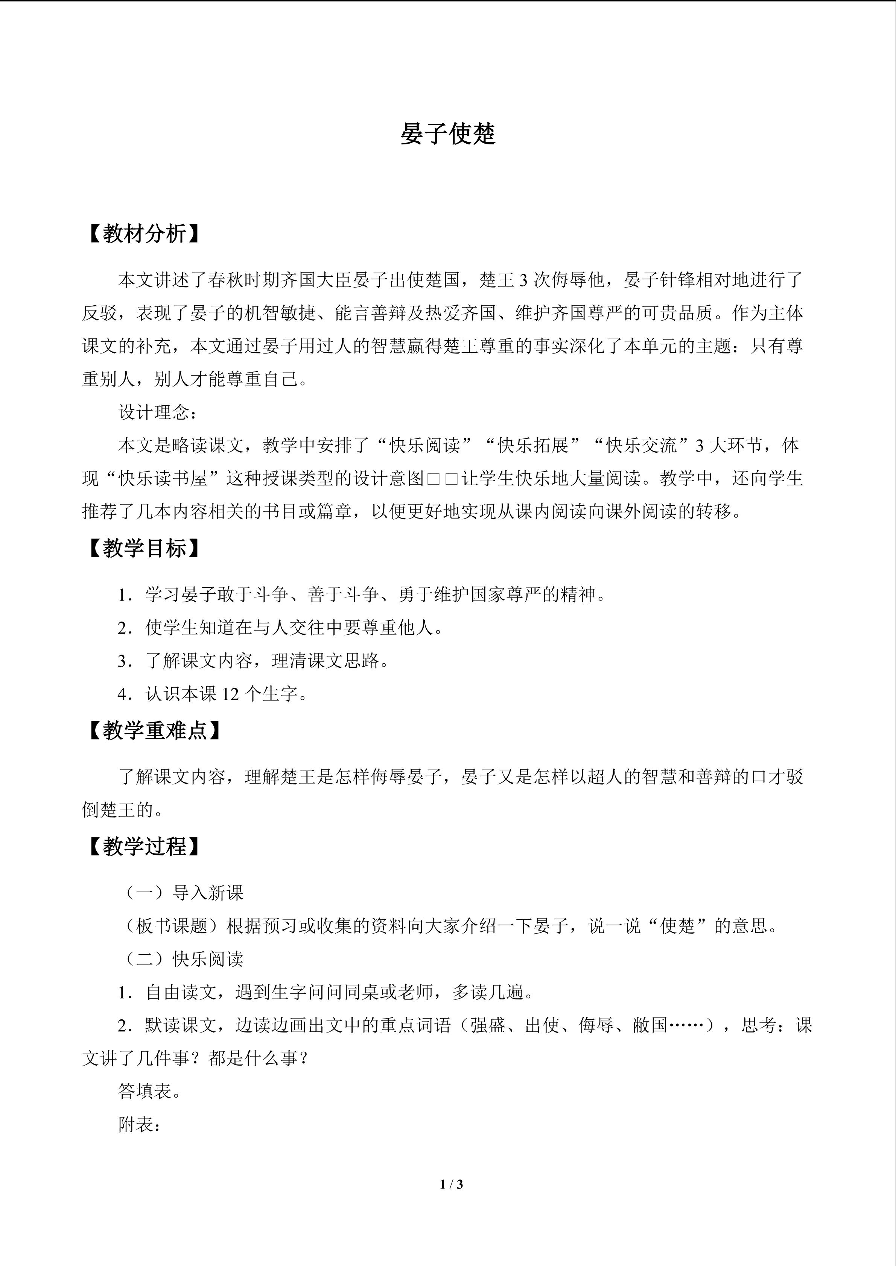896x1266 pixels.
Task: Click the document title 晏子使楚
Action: click(x=448, y=134)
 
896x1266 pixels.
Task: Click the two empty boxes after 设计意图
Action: click(x=443, y=479)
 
